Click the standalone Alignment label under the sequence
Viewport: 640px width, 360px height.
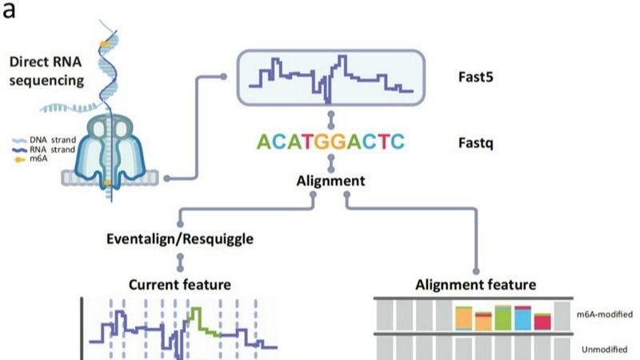pyautogui.click(x=331, y=182)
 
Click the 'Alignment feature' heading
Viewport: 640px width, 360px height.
pyautogui.click(x=476, y=285)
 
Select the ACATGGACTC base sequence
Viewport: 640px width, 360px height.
pyautogui.click(x=330, y=143)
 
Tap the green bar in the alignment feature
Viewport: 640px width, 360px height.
pyautogui.click(x=503, y=318)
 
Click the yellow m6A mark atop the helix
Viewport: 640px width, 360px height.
pyautogui.click(x=106, y=41)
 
